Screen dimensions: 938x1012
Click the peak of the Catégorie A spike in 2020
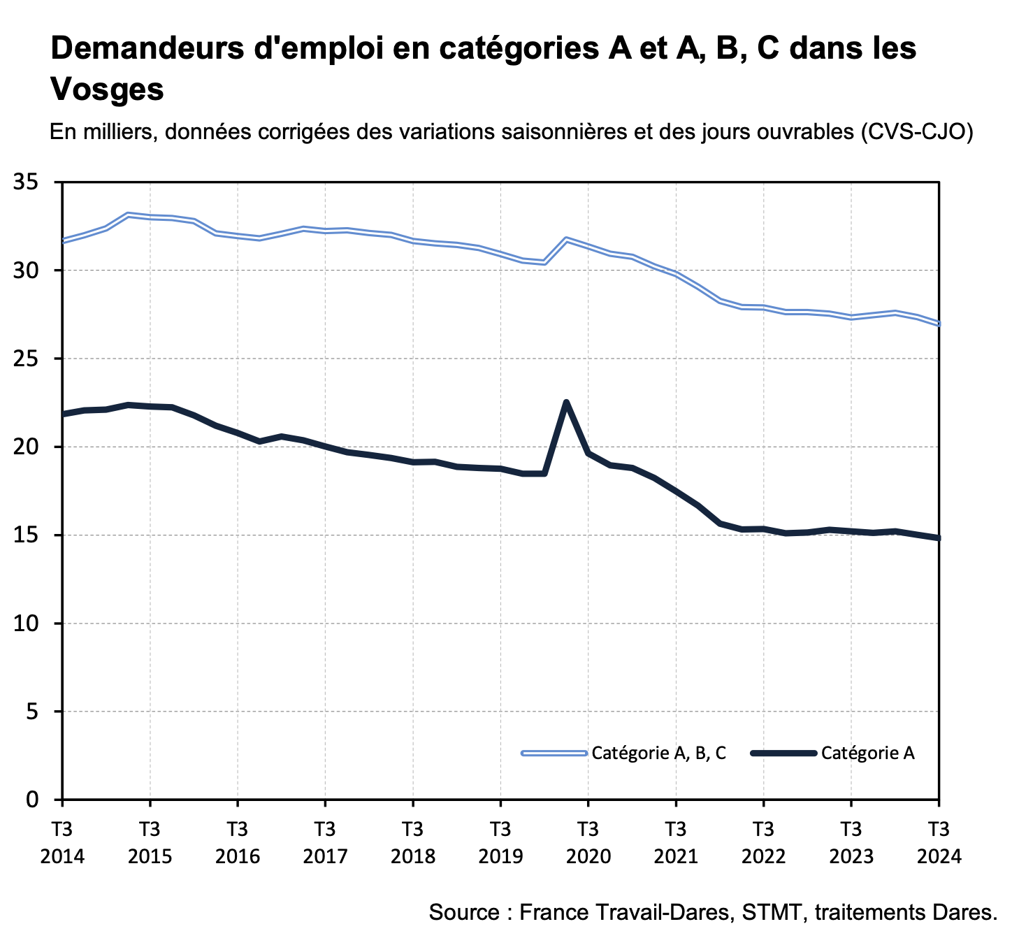pos(566,402)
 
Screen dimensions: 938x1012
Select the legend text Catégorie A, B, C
pos(659,753)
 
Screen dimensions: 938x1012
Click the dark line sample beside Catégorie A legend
pos(783,753)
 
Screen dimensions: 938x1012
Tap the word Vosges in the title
pos(107,89)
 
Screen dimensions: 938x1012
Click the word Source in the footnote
pos(462,912)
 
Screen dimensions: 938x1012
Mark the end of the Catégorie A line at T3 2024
pos(938,537)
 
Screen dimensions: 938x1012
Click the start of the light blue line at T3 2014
pos(64,240)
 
